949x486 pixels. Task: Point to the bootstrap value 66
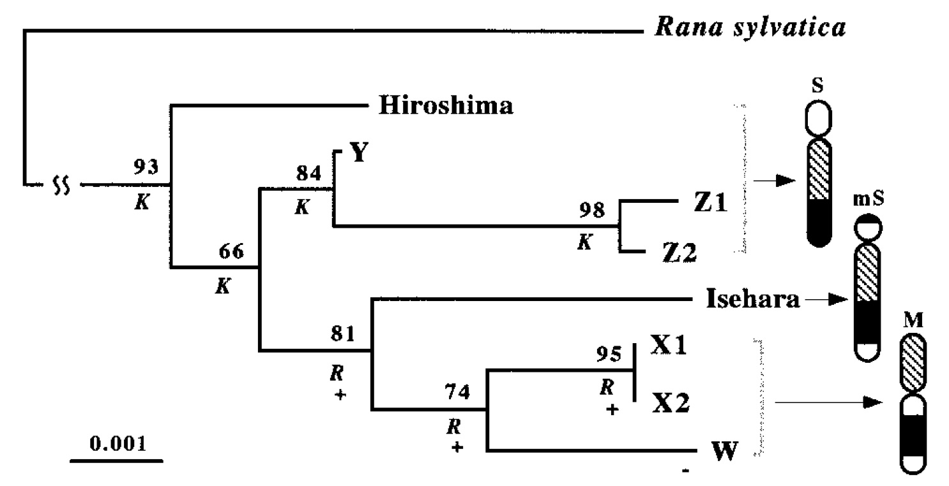231,252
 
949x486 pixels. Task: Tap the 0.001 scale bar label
116,443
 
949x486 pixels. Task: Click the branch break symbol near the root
61,186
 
